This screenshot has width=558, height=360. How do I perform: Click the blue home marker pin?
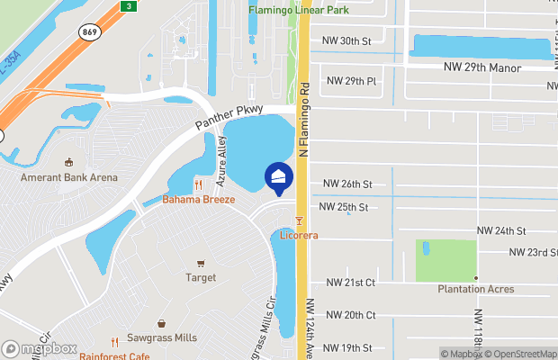pos(278,178)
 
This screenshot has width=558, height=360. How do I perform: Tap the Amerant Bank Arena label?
pos(69,177)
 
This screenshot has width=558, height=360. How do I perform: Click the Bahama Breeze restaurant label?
pos(199,199)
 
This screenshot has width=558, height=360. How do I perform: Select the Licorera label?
pos(300,235)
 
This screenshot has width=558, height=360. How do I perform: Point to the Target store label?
pos(201,277)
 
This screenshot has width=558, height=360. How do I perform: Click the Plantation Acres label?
pos(476,289)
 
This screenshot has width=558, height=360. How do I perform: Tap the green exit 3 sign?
pos(129,6)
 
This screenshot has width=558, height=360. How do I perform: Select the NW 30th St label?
pos(349,41)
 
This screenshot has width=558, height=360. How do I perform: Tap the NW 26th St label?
pos(348,184)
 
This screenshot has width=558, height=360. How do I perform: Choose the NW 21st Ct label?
pos(351,283)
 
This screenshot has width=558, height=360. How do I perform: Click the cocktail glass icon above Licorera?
pos(300,220)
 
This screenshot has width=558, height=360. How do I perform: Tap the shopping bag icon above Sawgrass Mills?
pos(161,323)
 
